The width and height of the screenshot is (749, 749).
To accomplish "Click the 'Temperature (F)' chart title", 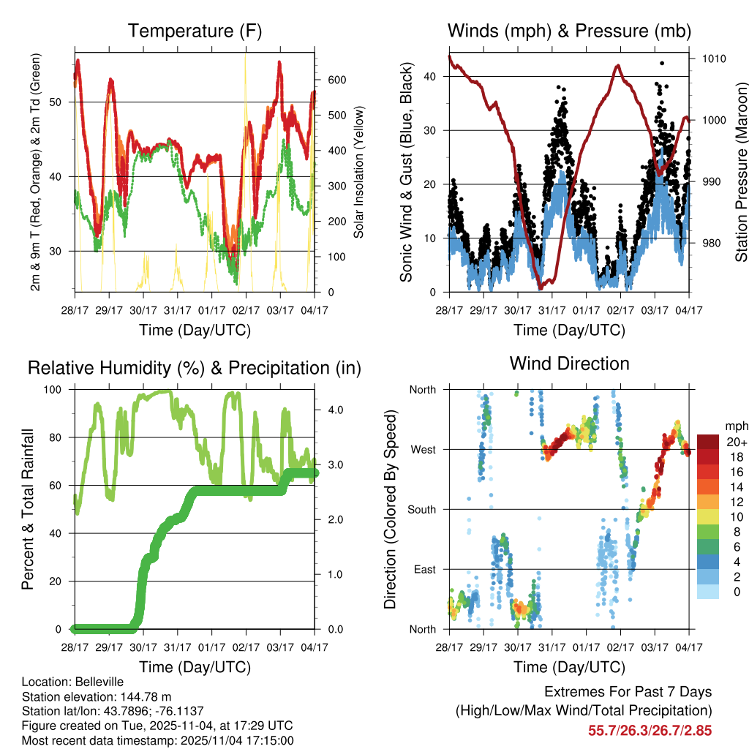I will (x=195, y=31).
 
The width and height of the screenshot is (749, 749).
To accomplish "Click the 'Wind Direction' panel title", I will (x=569, y=363).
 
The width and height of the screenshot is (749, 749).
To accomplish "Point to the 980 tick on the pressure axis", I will (x=712, y=243).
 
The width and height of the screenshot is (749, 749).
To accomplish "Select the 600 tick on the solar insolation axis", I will (x=336, y=80).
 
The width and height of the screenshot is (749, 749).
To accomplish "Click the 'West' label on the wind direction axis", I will (x=422, y=449).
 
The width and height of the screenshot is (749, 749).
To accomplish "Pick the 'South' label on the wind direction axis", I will (x=421, y=509).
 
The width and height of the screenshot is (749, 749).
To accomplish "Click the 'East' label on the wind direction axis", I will (x=424, y=569).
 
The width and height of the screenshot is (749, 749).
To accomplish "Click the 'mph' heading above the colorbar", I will (x=736, y=425).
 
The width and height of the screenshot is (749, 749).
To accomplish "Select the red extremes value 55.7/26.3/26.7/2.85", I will (x=650, y=730).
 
